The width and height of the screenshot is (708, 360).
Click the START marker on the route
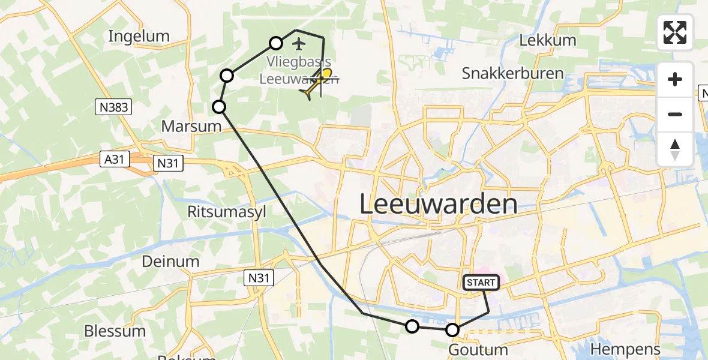pos(481,283)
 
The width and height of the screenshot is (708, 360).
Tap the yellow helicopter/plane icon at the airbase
pos(317,83)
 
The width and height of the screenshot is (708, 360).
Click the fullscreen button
pos(675,32)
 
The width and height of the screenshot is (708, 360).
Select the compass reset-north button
pos(675,149)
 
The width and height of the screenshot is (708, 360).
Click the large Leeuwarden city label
pos(438,205)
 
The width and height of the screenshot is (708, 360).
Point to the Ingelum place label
pos(139,36)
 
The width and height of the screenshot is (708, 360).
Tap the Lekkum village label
pos(547,40)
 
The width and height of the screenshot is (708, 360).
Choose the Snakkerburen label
pos(512,73)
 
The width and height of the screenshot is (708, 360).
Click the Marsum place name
pos(183,126)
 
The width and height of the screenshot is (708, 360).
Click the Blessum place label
pos(115,331)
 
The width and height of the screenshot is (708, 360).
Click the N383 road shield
pos(113,107)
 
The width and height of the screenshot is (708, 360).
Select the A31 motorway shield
pos(113,159)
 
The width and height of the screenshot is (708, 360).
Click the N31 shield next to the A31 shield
pos(168,163)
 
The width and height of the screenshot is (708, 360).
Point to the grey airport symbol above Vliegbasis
pos(298,43)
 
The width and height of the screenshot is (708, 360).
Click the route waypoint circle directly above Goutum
pos(452,329)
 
